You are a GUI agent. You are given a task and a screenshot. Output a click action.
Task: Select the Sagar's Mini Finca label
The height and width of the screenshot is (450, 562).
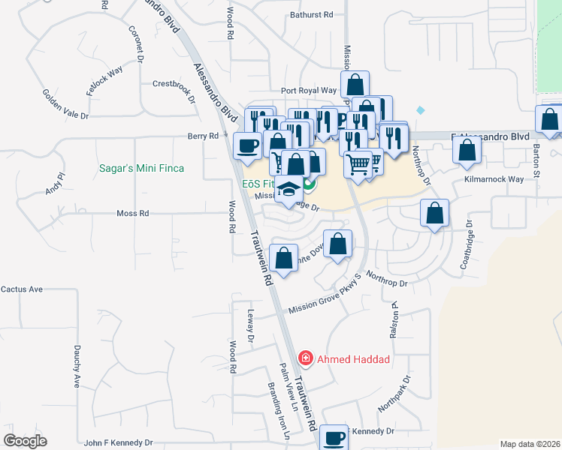click(152, 168)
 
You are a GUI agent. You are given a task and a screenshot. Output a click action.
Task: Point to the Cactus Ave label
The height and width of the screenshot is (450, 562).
click(22, 289)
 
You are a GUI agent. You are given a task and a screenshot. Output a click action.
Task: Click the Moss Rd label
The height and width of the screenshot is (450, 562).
click(133, 214)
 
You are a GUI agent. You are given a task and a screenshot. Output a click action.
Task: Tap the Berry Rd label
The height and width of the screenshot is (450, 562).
click(203, 136)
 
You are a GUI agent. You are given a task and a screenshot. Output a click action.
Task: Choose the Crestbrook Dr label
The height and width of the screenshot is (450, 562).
click(174, 88)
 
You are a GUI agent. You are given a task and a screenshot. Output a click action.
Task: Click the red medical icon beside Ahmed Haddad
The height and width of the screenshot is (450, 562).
click(306, 358)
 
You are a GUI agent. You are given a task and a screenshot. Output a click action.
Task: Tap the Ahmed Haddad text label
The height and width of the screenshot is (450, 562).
click(353, 359)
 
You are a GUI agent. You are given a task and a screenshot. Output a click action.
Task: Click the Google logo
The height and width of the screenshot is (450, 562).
click(25, 440)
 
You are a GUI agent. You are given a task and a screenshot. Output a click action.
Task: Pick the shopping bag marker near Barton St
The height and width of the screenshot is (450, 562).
click(550, 118)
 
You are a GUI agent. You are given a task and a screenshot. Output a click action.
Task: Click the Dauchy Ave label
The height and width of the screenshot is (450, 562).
click(77, 366)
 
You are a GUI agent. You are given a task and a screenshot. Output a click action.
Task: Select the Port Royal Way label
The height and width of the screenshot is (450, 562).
click(309, 91)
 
